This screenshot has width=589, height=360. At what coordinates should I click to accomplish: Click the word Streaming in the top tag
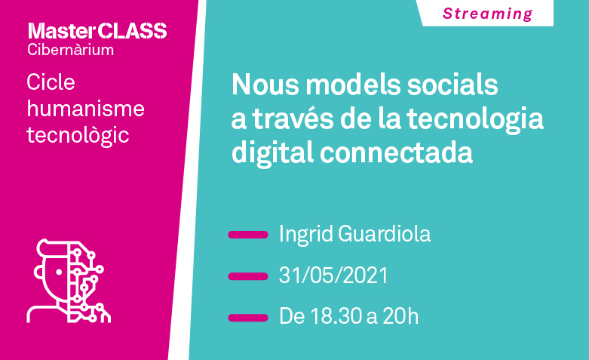pos(487,14)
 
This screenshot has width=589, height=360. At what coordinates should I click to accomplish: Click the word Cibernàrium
pos(71,51)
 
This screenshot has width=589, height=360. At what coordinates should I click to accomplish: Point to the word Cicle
pos(51,82)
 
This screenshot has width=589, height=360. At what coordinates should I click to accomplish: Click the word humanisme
pos(85,109)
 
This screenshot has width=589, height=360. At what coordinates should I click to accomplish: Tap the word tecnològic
pos(78,136)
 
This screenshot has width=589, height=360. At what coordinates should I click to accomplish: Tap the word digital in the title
pos(270,152)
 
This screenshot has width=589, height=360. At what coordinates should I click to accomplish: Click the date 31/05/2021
pos(333,275)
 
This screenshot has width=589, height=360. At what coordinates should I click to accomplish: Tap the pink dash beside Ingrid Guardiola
pos(248,235)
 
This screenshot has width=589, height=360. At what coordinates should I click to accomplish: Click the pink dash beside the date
pos(248,275)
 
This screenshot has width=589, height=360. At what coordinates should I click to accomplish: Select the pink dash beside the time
pos(248,317)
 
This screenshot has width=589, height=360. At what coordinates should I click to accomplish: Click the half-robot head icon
pos(69,281)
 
